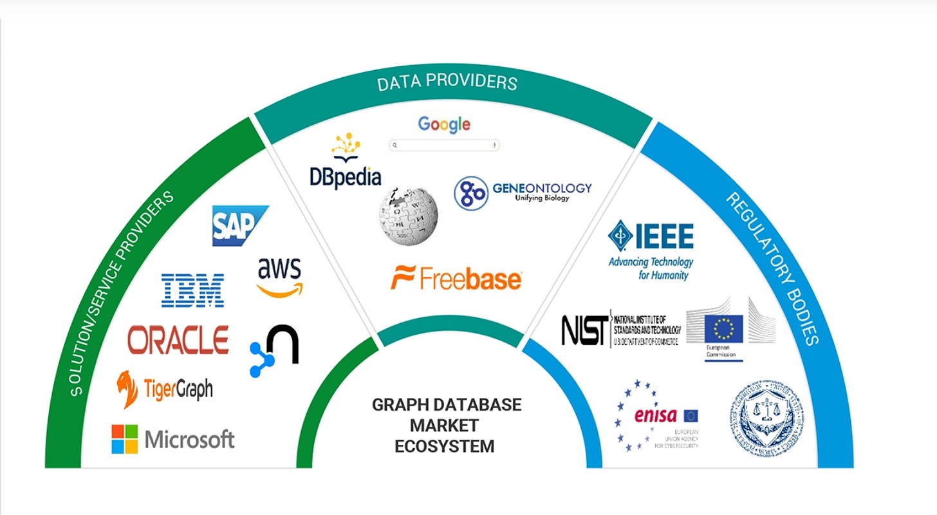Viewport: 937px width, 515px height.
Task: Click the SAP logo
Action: coord(239,226)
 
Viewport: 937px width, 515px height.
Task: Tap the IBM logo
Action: coord(192,290)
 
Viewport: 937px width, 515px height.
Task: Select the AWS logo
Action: coord(279,276)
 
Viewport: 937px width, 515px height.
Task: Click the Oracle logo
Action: coord(178,339)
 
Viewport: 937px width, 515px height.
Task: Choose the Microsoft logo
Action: coord(172,439)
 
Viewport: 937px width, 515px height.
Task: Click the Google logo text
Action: coord(444,124)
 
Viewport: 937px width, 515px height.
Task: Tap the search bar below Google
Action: coord(444,145)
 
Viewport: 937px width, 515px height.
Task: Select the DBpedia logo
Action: coord(345,161)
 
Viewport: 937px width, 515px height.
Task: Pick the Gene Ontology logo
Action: coord(522,192)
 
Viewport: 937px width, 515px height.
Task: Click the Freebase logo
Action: coord(456,278)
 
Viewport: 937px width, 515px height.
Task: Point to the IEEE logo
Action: coord(651,250)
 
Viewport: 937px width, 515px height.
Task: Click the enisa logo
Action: coord(656,415)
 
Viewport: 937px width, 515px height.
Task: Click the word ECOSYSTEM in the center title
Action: coord(446,445)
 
